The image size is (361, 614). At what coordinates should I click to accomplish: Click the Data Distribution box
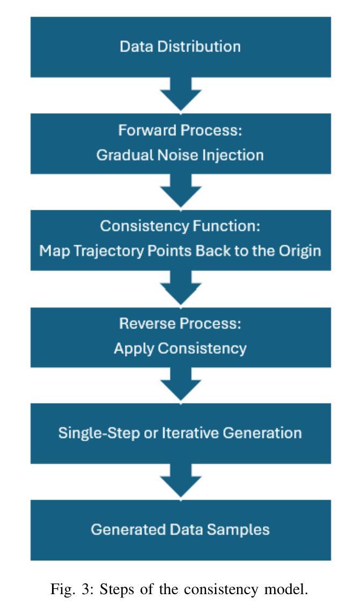[x=180, y=47]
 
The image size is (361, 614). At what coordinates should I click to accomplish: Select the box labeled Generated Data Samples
[x=180, y=530]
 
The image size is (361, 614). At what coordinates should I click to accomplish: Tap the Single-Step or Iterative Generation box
[x=180, y=434]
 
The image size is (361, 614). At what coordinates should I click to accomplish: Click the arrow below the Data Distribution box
[x=180, y=94]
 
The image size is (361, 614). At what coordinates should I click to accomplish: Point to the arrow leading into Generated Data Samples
[x=180, y=481]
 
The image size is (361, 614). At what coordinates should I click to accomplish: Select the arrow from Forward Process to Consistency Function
[x=180, y=191]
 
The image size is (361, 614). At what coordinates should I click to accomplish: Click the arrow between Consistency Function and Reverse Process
[x=180, y=288]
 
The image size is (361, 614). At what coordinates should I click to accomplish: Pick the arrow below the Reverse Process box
[x=180, y=384]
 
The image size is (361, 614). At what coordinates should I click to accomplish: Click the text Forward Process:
[x=180, y=130]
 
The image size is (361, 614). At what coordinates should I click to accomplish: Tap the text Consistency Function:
[x=180, y=226]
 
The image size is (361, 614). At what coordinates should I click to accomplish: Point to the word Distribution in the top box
[x=199, y=47]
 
